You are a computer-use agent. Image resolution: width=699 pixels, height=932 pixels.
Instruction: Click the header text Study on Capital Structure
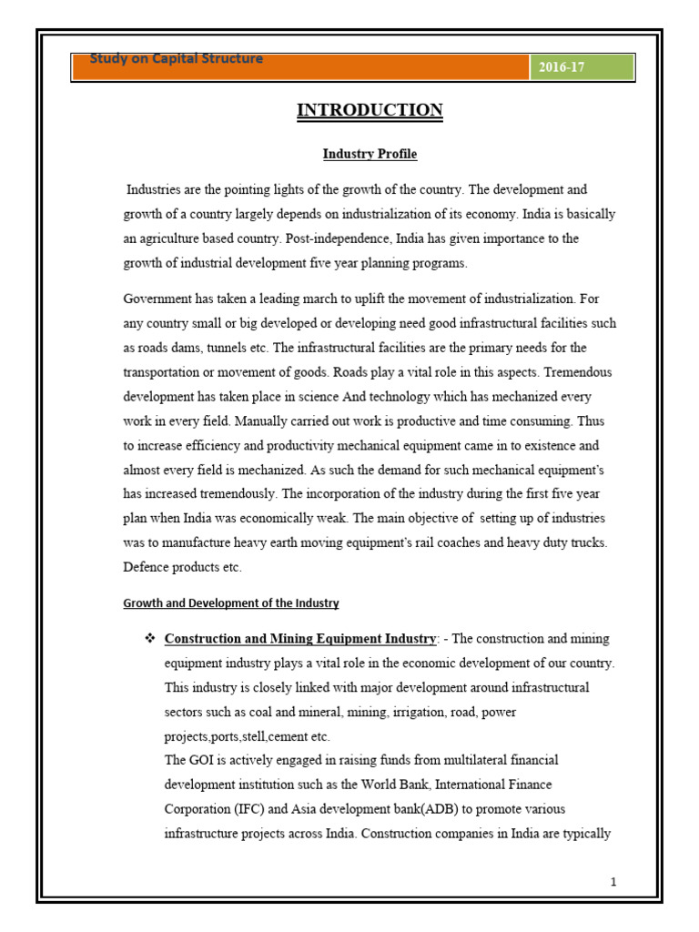pyautogui.click(x=177, y=59)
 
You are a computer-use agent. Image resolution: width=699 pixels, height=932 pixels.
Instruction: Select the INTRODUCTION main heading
pyautogui.click(x=370, y=110)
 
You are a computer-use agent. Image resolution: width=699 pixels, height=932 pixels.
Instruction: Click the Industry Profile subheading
pyautogui.click(x=370, y=155)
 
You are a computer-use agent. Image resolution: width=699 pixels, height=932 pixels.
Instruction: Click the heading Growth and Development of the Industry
pyautogui.click(x=231, y=603)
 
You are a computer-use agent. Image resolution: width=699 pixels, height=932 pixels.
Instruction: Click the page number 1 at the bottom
pyautogui.click(x=614, y=882)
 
